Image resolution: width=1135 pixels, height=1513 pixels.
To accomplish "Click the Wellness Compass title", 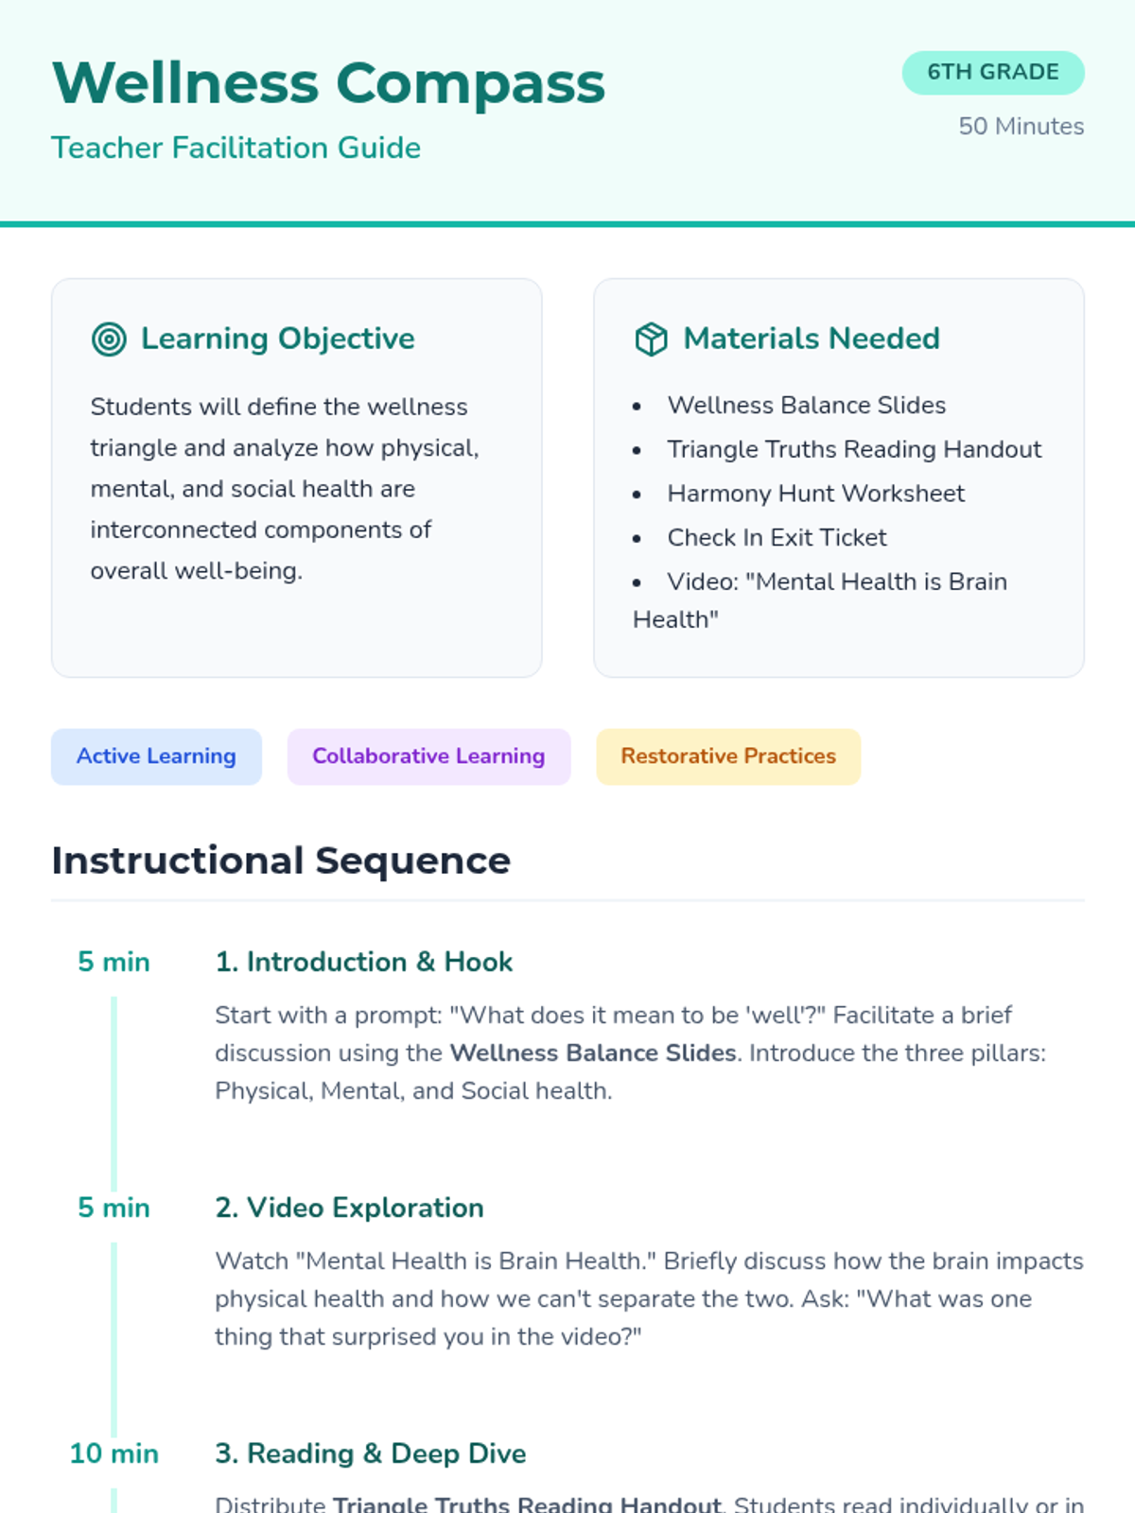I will coord(328,83).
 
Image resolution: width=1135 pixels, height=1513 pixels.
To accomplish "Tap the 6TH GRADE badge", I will coord(992,73).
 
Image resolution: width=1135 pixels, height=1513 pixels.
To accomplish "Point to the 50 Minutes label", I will coord(1021,127).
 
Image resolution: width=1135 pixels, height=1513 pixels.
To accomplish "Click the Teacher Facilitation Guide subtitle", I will coord(236,148).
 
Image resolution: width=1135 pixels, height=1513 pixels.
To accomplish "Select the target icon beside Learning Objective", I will coord(109,339).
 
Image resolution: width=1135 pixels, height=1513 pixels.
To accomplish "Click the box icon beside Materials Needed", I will coord(651,339).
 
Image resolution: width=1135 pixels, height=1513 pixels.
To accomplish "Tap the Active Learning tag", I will coord(156,756).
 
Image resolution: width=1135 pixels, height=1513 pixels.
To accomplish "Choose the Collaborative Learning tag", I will coord(428,756).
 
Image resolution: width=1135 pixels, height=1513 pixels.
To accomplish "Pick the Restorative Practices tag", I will coord(727,756).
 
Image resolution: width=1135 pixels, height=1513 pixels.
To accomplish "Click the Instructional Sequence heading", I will coord(281,861).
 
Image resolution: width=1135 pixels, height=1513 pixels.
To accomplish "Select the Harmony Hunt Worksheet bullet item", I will coord(815,494).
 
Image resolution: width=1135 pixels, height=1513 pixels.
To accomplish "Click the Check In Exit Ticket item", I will coord(777,538).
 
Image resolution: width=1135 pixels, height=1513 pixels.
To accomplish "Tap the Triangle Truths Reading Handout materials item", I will coord(853,449).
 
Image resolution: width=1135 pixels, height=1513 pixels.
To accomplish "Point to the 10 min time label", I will coord(113,1453).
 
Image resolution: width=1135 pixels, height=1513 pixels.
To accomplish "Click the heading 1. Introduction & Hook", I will coord(363,962).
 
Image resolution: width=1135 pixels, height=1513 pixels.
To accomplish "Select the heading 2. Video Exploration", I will coord(349,1208).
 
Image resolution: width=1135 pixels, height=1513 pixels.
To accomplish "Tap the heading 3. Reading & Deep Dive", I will coord(370,1453).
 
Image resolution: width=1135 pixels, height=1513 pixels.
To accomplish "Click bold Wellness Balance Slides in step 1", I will coord(592,1053).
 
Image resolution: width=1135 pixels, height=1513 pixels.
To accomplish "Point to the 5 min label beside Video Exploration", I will coord(113,1208).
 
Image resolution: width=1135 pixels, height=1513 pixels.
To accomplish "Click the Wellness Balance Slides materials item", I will coord(806,406).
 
